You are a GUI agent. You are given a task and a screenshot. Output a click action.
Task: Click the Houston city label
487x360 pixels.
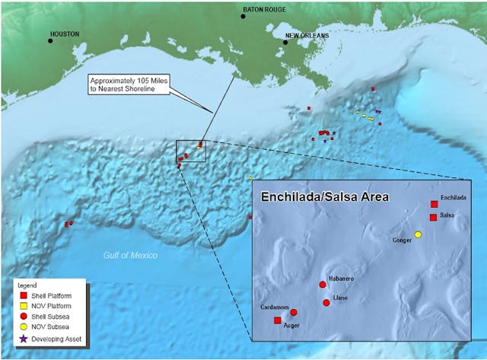64,34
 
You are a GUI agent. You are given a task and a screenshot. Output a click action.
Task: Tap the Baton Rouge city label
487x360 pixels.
262,10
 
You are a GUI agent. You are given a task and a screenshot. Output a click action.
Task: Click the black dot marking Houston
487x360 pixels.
51,40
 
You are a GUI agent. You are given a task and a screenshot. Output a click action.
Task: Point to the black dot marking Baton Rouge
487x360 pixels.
243,16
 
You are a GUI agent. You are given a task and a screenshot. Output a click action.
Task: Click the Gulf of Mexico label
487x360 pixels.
130,256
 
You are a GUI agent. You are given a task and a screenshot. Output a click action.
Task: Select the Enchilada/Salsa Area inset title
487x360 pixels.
325,196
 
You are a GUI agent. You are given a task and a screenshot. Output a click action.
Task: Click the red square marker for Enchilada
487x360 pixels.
434,204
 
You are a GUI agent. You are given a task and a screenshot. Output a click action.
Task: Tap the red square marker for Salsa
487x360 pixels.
433,218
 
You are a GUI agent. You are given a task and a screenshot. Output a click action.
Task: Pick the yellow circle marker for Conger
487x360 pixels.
417,234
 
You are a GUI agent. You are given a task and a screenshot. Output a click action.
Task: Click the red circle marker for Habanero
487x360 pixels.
323,285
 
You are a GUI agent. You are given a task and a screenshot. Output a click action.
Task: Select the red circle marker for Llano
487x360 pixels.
326,302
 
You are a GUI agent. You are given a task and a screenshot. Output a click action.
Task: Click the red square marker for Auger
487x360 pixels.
277,320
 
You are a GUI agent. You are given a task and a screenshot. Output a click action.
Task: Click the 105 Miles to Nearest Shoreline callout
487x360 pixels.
128,84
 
